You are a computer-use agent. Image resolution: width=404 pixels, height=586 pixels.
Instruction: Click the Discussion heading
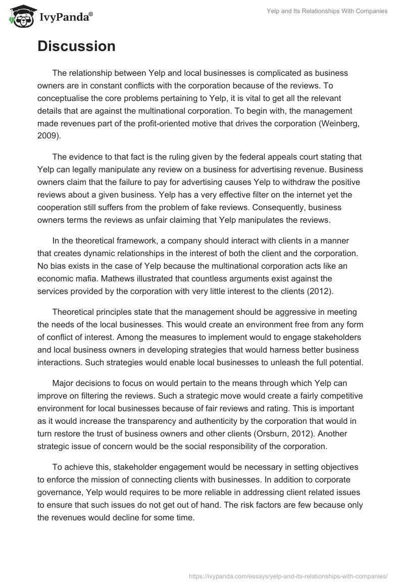pyautogui.click(x=76, y=46)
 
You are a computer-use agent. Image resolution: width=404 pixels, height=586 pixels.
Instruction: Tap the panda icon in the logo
pyautogui.click(x=20, y=17)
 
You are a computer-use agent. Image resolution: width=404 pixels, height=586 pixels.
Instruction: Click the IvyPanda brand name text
pyautogui.click(x=65, y=18)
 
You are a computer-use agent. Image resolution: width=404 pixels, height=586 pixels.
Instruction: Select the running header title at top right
pyautogui.click(x=327, y=11)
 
